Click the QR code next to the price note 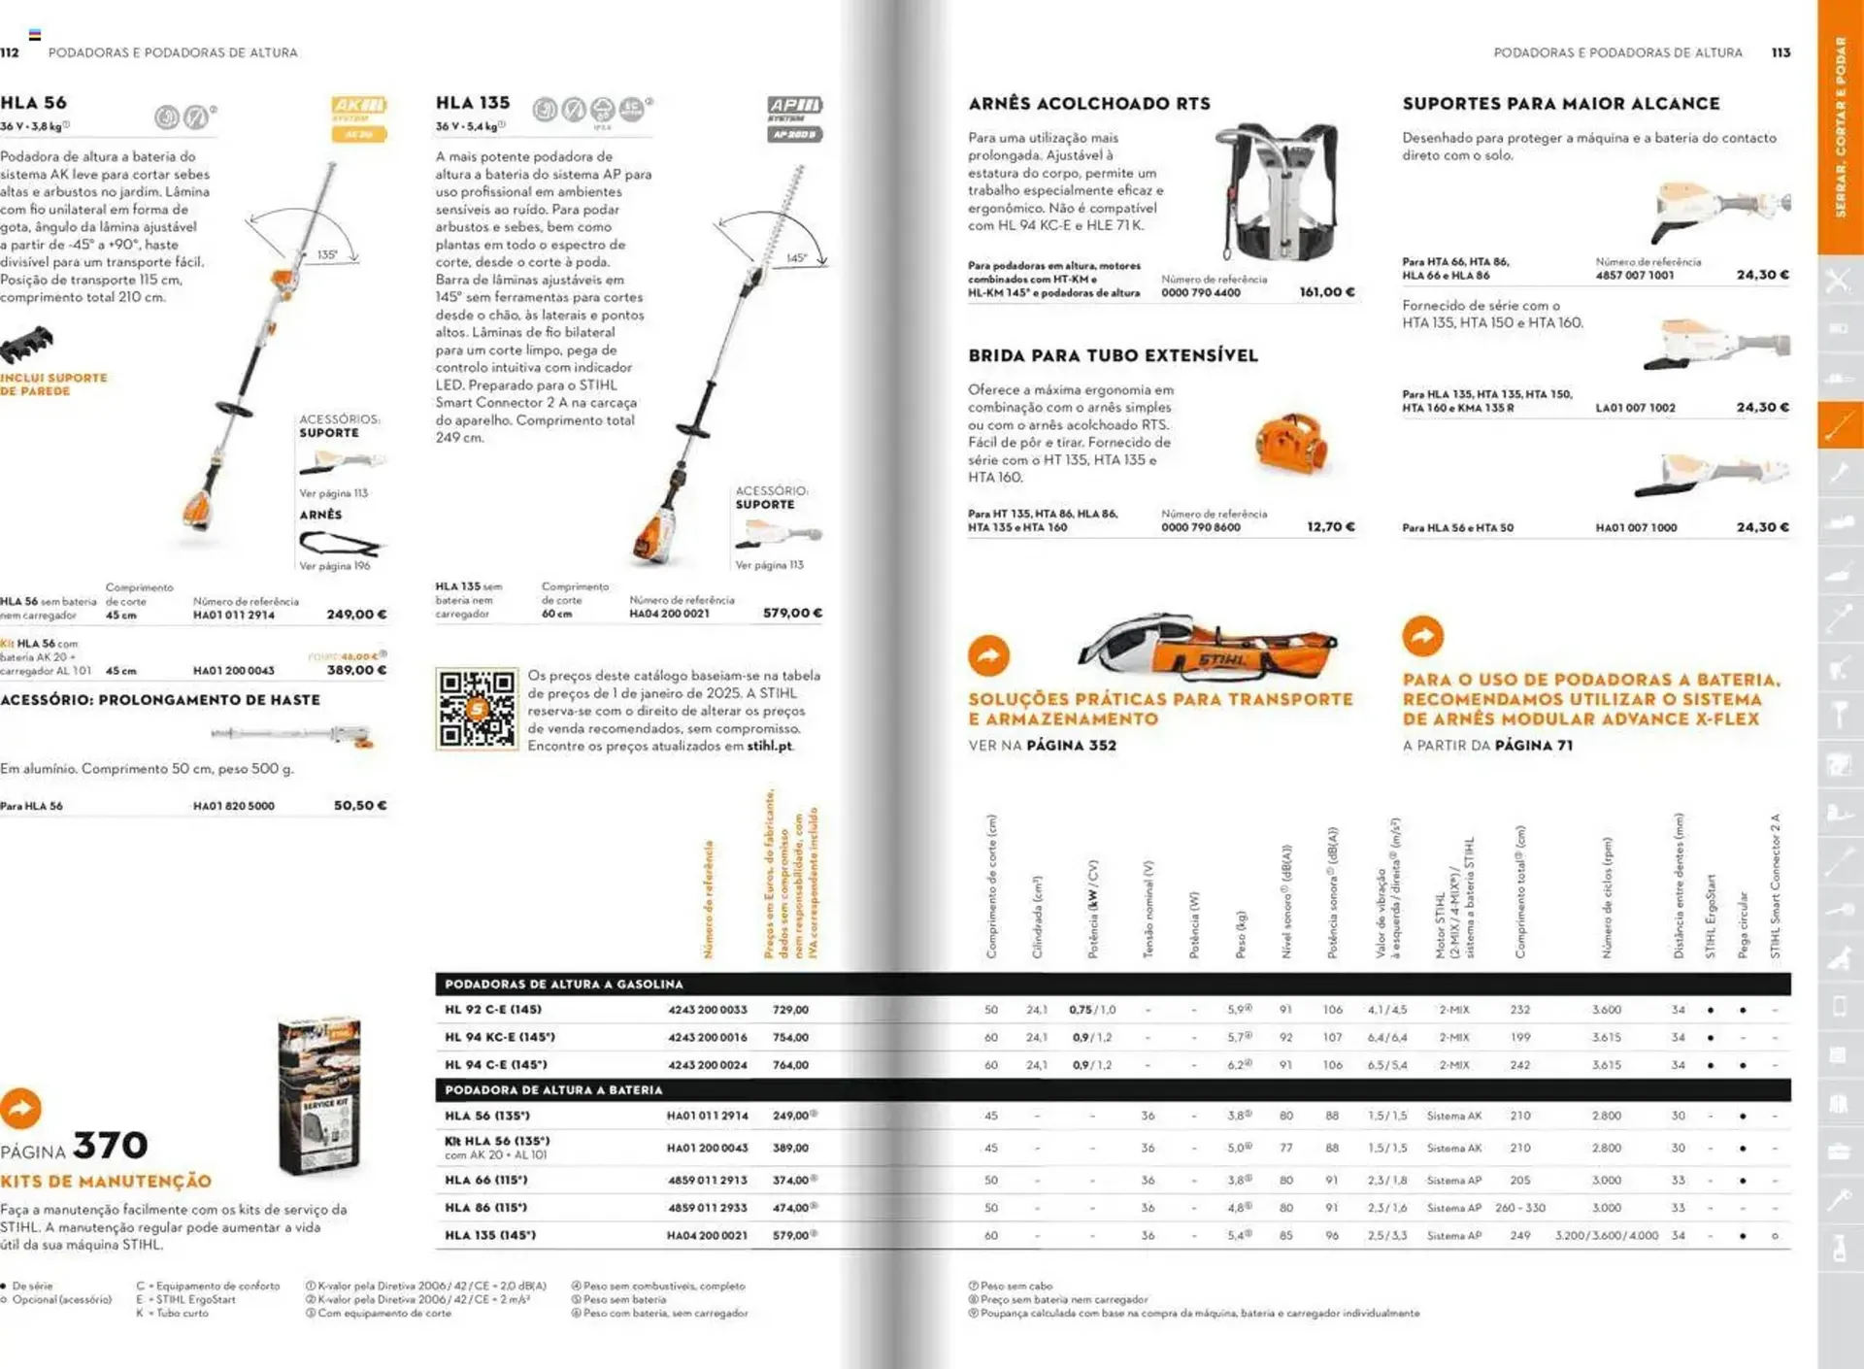pos(476,710)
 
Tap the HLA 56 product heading pos(34,103)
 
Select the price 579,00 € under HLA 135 pos(792,613)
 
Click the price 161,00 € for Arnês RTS pos(1327,291)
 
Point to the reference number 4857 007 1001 pos(1635,275)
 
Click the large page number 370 pos(111,1146)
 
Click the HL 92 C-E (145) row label pos(492,1010)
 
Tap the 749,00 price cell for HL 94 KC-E pos(790,1037)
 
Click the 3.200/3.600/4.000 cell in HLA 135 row pos(1606,1236)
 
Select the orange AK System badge pos(359,105)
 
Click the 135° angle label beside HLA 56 pos(327,255)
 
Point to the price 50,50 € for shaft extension pos(360,806)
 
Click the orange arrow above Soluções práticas pos(988,655)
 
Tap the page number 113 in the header pos(1781,52)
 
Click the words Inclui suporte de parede pos(53,384)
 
